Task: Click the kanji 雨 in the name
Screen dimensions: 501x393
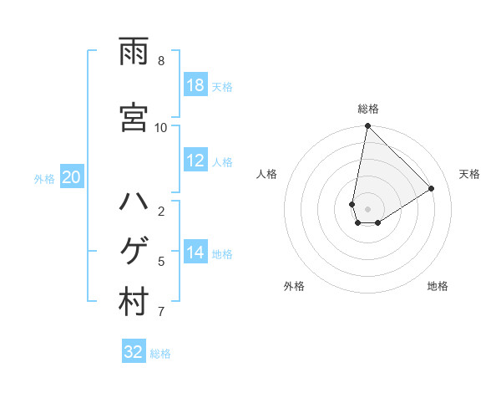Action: [x=134, y=52]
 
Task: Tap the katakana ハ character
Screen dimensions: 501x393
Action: [x=134, y=203]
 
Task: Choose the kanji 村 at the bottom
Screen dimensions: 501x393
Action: [x=134, y=304]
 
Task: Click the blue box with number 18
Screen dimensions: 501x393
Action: [x=195, y=85]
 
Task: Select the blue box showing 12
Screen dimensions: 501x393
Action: [x=195, y=161]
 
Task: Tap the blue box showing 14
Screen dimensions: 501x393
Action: [x=195, y=253]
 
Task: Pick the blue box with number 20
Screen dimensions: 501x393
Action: [x=72, y=177]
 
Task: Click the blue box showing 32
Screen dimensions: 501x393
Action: [x=134, y=352]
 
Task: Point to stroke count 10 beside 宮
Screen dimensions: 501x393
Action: [x=161, y=127]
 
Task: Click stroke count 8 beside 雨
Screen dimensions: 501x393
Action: [x=161, y=61]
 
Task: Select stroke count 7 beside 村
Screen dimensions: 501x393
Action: [x=161, y=313]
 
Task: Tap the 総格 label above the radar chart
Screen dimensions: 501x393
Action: [x=368, y=109]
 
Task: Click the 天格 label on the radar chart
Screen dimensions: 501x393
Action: [x=469, y=174]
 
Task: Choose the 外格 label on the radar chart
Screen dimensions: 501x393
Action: [x=294, y=286]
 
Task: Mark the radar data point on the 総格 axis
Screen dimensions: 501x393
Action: [x=367, y=126]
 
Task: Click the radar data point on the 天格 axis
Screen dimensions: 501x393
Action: [x=432, y=188]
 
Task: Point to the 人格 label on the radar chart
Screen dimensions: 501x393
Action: [x=267, y=174]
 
